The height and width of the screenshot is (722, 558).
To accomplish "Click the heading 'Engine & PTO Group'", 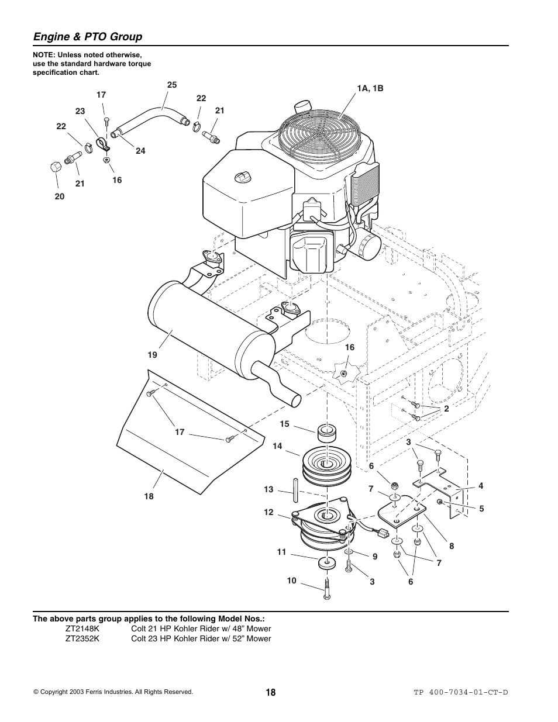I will coord(88,37).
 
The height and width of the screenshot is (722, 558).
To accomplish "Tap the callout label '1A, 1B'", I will coord(370,89).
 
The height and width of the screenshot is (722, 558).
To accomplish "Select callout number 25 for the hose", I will coord(171,85).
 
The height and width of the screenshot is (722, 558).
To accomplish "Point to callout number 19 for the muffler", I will coord(152,355).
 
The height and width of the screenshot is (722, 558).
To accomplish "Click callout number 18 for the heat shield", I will coord(149,496).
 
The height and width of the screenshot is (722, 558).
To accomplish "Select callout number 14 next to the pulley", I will coord(277,446).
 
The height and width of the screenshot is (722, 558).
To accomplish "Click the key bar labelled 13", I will coord(297,487).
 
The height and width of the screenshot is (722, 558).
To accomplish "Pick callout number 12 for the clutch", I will coord(268,512).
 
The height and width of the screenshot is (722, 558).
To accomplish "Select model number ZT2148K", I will coord(82,628).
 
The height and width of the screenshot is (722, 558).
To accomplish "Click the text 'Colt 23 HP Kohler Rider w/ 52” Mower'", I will coord(201,638).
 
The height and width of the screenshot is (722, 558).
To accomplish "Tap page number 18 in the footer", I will coord(270,692).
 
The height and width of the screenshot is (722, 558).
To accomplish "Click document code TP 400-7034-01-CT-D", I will coord(461,692).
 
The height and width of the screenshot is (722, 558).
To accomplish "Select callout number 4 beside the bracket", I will coord(481,486).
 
